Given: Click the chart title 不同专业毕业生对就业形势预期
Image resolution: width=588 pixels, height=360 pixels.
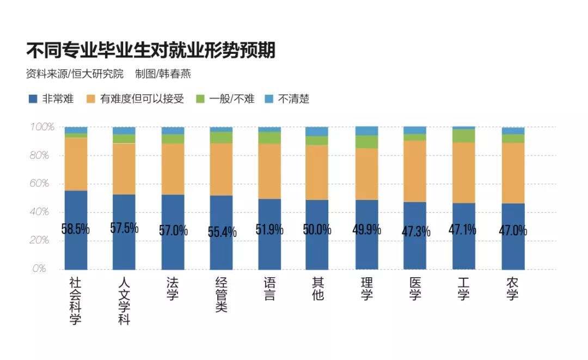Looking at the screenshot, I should click(x=151, y=51).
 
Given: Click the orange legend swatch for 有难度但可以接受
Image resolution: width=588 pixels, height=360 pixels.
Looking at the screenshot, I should click(x=91, y=99).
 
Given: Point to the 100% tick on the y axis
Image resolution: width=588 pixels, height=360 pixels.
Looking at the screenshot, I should click(x=42, y=127).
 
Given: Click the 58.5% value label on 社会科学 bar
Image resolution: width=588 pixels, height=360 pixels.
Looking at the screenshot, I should click(x=76, y=229).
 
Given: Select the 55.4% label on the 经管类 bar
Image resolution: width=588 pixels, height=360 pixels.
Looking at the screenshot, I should click(x=222, y=232).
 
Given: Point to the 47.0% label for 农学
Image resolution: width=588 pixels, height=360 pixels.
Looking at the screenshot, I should click(x=513, y=230).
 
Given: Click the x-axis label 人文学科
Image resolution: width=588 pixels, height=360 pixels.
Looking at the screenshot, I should click(x=124, y=301).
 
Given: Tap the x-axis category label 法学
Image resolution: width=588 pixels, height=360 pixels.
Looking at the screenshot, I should click(x=173, y=289).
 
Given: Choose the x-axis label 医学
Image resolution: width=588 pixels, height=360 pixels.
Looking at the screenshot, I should click(x=415, y=289).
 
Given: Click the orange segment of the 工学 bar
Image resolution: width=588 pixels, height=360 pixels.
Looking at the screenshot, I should click(x=463, y=172).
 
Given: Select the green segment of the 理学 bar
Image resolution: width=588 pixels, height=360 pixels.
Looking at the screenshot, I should click(x=366, y=142).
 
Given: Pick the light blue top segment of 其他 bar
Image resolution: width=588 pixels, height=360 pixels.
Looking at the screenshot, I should click(x=317, y=131).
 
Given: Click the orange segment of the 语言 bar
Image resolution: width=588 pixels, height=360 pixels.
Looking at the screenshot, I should click(x=269, y=171).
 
